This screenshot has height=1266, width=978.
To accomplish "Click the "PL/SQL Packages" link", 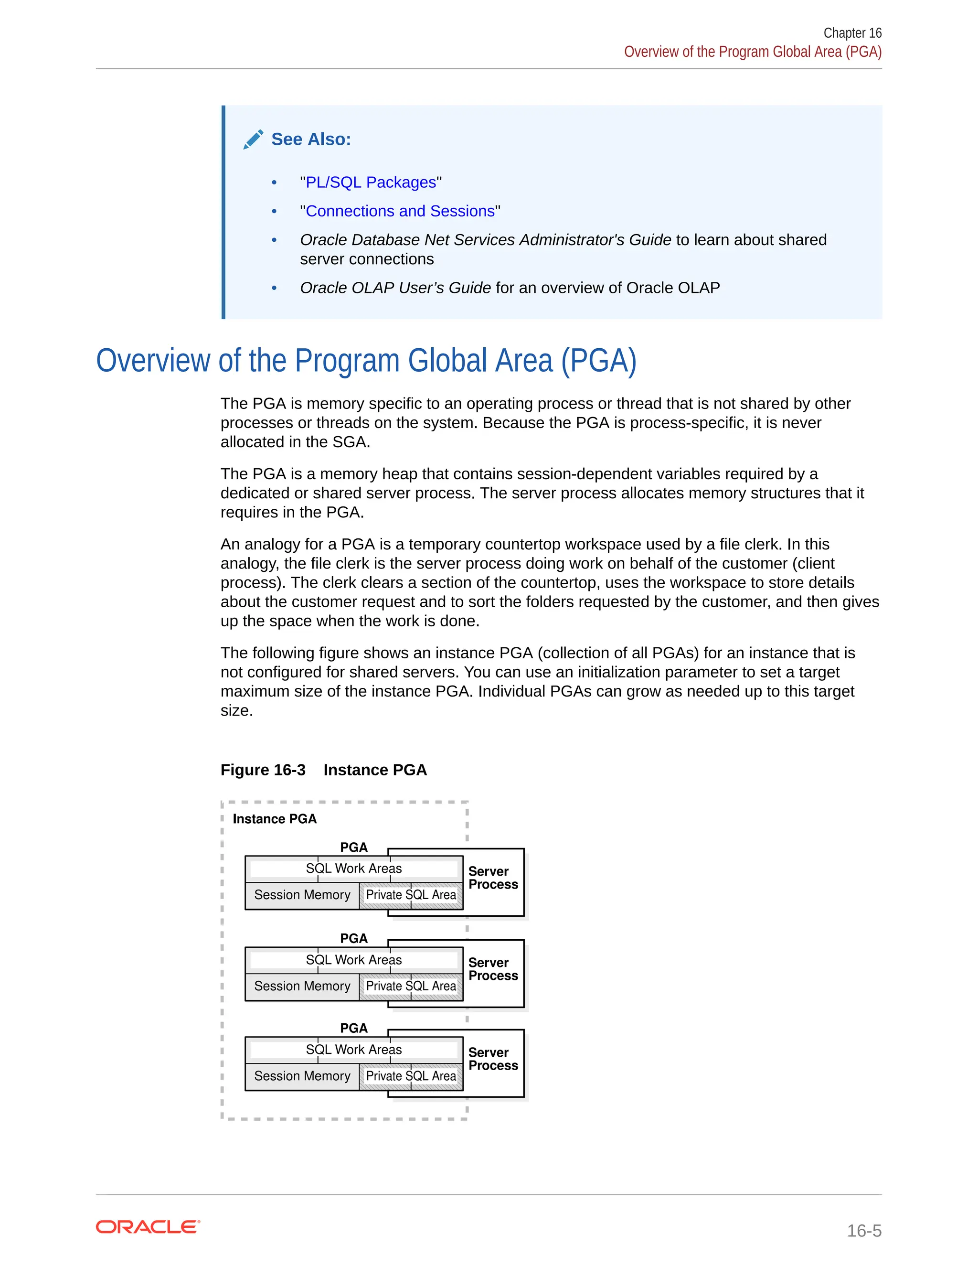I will (x=371, y=182).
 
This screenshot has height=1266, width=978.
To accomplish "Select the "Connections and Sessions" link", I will (x=400, y=211).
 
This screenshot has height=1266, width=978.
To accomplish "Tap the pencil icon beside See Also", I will (x=253, y=139).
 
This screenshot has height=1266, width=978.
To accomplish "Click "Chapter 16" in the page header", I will (x=852, y=33).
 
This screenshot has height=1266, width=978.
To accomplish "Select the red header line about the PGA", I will (x=753, y=52).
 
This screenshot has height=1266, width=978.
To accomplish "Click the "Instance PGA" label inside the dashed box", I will (x=275, y=818).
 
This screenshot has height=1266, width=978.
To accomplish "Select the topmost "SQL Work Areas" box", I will (x=353, y=869).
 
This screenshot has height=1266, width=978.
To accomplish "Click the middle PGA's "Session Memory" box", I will (x=302, y=986).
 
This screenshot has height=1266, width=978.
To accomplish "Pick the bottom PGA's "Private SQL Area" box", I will (x=411, y=1076).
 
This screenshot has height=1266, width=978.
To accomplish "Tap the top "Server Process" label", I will (x=493, y=878).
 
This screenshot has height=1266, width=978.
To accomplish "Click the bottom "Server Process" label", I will (x=493, y=1059).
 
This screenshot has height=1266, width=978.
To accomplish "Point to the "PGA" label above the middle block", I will (x=353, y=938).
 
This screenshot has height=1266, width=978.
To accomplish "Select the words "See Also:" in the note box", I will (x=311, y=139).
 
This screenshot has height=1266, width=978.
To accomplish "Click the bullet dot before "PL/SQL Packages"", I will (x=274, y=182).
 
